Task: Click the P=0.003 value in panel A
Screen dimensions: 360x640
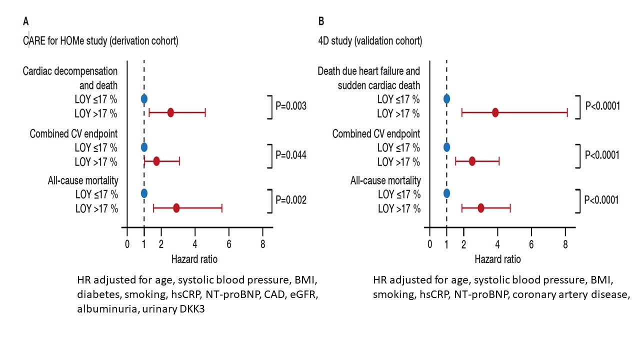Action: (x=291, y=106)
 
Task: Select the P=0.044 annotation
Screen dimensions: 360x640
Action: (x=291, y=155)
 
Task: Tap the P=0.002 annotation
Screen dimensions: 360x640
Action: (x=291, y=200)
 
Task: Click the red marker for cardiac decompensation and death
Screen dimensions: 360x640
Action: (x=170, y=113)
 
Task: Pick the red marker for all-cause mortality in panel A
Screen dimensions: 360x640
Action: (x=176, y=207)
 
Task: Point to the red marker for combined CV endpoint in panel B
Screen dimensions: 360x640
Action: (x=472, y=161)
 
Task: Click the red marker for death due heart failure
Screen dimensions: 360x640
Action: (x=495, y=112)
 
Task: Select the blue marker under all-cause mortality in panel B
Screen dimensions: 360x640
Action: (x=446, y=193)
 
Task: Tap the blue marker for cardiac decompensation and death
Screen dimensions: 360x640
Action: (x=144, y=98)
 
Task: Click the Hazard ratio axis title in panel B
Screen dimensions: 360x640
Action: (x=497, y=259)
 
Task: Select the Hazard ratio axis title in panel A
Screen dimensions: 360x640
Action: (x=194, y=259)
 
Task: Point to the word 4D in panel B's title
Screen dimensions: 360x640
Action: (x=324, y=41)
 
